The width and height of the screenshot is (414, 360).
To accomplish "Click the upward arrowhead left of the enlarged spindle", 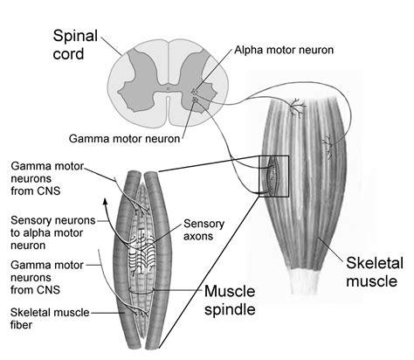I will coord(106,201).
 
